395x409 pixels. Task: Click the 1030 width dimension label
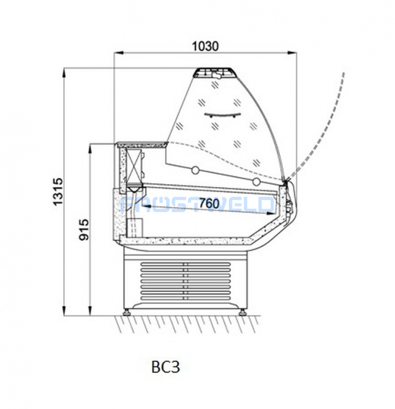coord(205,47)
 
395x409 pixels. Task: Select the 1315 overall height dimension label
coord(58,192)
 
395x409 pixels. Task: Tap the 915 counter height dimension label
coord(84,230)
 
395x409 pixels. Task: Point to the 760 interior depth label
coord(209,203)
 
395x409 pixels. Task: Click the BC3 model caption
coord(166,367)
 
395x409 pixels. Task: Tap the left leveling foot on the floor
coord(127,312)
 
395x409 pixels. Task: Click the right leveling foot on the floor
coord(242,312)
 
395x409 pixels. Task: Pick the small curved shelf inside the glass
coord(222,115)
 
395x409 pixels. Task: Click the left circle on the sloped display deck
coord(195,170)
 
